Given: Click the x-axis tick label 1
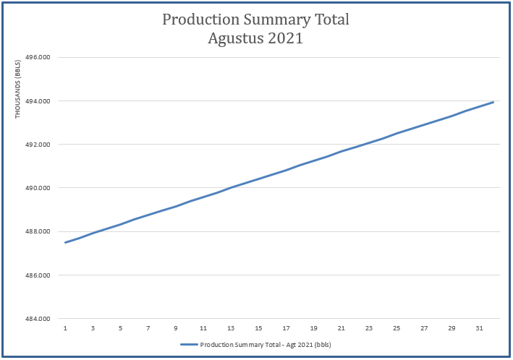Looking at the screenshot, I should click(65, 328).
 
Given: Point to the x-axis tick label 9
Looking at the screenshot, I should click(176, 328).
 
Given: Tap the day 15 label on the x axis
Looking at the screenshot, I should click(258, 328).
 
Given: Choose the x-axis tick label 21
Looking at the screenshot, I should click(341, 328).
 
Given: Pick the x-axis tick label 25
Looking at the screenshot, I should click(397, 328).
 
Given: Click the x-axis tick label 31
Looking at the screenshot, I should click(479, 328).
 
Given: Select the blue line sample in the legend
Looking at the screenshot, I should click(189, 345).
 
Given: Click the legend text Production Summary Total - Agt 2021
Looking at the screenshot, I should click(265, 345).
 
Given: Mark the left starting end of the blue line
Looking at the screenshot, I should click(66, 242).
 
